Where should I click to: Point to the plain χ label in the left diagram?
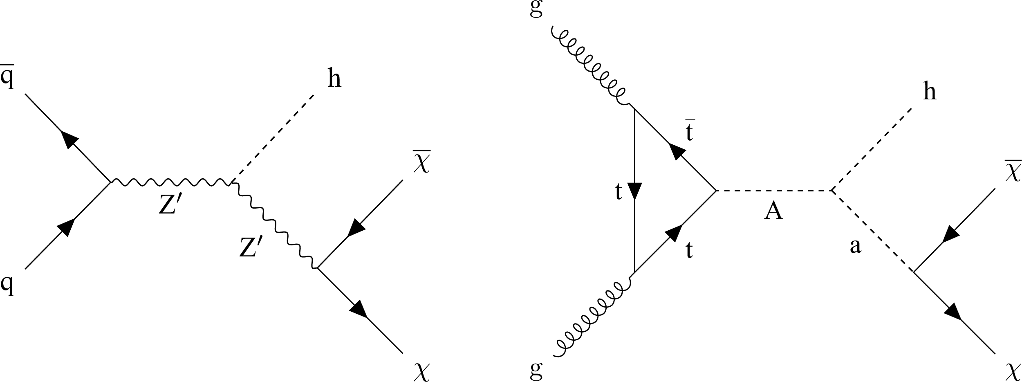[x=421, y=372]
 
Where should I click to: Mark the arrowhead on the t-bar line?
[x=676, y=151]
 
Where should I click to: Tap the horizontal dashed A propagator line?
[x=773, y=191]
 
